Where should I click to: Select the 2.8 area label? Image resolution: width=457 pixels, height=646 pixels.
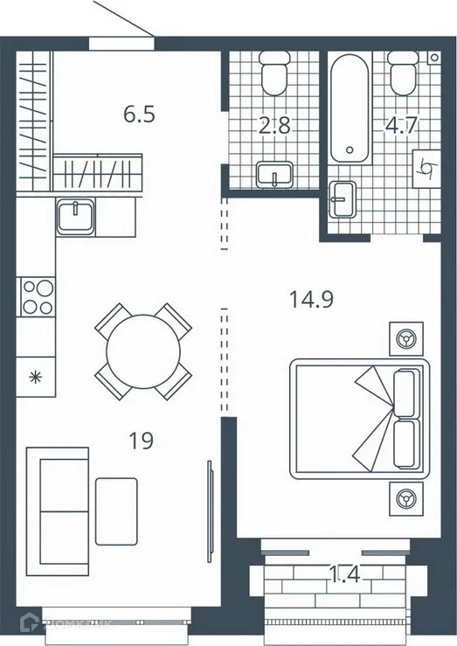tap(275, 125)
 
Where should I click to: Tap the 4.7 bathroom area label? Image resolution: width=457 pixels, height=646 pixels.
tap(402, 125)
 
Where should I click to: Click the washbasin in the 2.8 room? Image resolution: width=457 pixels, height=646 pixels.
tap(275, 175)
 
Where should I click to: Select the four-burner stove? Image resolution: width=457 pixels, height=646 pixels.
tap(37, 295)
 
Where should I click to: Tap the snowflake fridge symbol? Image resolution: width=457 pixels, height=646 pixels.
tap(36, 377)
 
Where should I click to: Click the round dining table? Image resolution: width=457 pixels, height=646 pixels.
tap(142, 351)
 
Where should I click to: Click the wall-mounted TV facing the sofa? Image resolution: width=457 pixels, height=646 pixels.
tap(209, 511)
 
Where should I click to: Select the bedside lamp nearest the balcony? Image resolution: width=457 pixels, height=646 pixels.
tap(405, 499)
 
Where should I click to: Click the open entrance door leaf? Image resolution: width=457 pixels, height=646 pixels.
tap(122, 17)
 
